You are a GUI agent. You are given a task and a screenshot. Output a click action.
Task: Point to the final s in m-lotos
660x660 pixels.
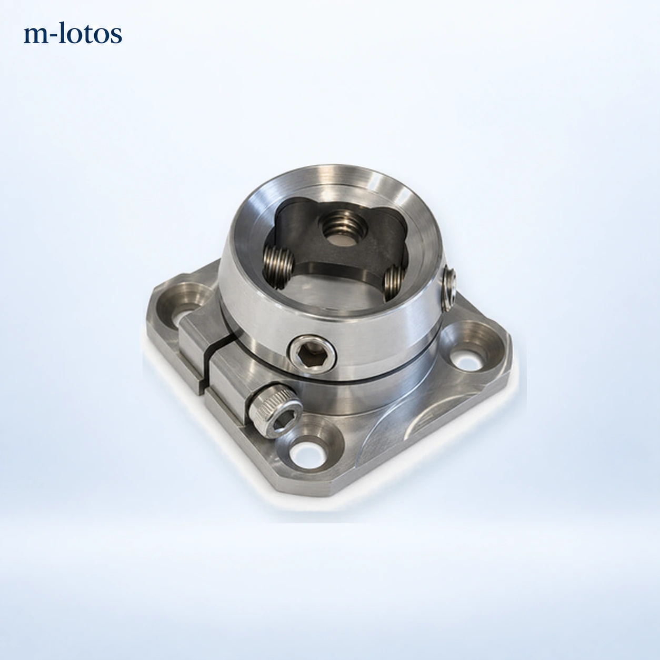tap(116, 36)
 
